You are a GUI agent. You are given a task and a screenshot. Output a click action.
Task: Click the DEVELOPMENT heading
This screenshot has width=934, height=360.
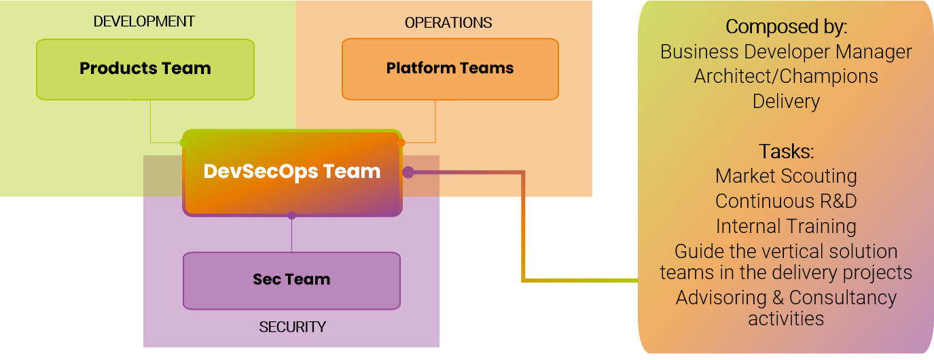(x=144, y=22)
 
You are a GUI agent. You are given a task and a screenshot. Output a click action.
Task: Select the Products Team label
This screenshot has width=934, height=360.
(x=145, y=69)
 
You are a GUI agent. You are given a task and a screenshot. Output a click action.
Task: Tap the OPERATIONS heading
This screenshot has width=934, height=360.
(x=448, y=23)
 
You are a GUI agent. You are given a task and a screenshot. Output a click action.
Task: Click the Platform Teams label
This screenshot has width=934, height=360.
(x=450, y=69)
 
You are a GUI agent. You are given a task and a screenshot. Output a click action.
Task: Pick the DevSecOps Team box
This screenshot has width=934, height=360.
(x=292, y=172)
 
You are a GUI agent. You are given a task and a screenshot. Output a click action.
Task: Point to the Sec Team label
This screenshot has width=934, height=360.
(x=291, y=279)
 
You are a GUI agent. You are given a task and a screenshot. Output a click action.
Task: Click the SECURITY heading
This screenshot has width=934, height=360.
(x=292, y=327)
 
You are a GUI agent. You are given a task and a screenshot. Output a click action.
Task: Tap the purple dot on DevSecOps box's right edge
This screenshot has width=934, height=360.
(x=408, y=173)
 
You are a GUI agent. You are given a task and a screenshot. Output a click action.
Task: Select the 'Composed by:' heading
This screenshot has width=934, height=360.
(x=786, y=27)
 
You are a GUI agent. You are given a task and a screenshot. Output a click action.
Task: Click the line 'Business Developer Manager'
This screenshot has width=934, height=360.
(x=786, y=52)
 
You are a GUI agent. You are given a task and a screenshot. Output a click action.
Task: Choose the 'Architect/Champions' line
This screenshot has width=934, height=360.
(x=786, y=76)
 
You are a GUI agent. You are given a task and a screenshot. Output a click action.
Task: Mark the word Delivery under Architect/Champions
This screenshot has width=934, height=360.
(x=786, y=101)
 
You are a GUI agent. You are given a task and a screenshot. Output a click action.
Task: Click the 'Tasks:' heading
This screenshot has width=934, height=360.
(x=786, y=151)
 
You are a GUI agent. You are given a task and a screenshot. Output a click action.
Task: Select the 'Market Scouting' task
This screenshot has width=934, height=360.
(x=786, y=176)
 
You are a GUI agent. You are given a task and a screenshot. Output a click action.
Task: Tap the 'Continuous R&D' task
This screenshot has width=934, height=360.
(x=786, y=201)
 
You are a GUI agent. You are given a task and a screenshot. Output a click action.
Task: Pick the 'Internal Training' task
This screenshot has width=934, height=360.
(x=786, y=226)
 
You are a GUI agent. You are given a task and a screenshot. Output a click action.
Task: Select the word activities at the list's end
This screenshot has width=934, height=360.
(x=786, y=318)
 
